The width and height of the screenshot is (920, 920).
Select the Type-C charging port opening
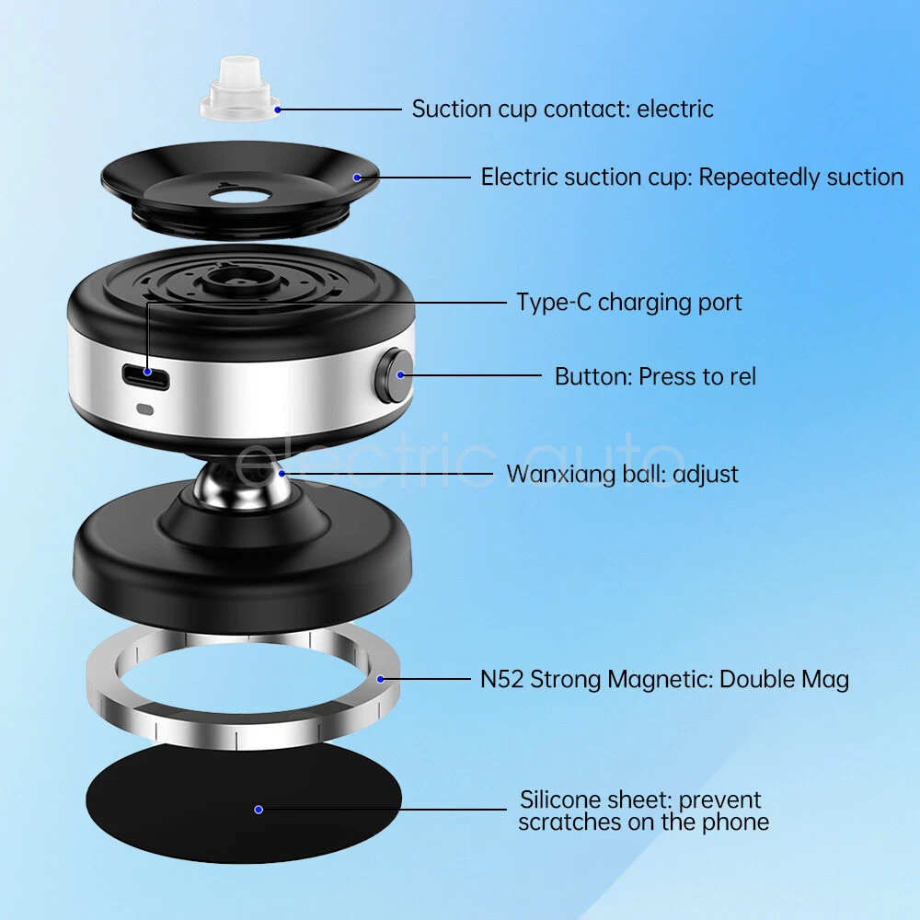click(x=146, y=376)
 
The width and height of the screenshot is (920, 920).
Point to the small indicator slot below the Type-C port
click(x=145, y=409)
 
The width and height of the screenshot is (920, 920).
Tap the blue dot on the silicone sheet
click(x=259, y=810)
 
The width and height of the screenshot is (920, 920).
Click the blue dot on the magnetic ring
click(x=380, y=679)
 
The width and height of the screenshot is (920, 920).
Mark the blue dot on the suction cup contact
click(x=278, y=109)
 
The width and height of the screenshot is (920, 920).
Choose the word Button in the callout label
click(x=592, y=376)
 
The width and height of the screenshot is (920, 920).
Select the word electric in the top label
click(x=675, y=109)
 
